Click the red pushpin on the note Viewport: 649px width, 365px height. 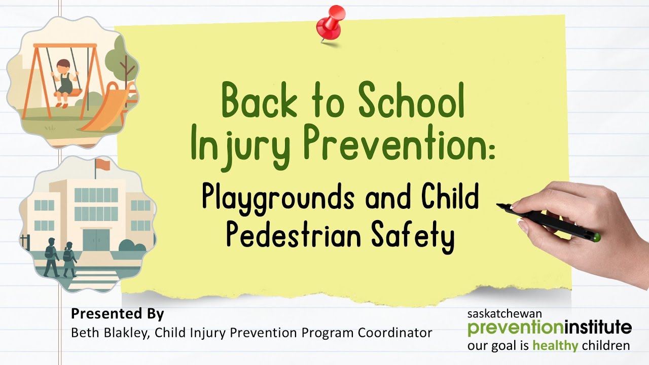coord(330,23)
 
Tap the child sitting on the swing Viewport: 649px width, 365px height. coord(64,81)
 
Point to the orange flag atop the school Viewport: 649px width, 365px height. coord(103,164)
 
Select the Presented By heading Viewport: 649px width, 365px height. coord(117,314)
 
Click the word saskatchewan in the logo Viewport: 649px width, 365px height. coord(504,314)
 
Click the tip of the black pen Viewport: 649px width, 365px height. coord(499,205)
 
